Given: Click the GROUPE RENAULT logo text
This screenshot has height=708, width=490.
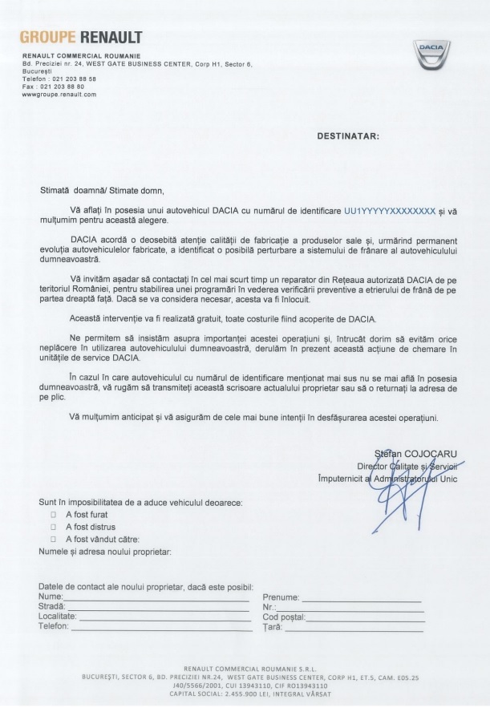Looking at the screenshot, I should (x=80, y=38).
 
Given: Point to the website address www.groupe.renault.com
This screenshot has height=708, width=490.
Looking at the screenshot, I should (x=59, y=94).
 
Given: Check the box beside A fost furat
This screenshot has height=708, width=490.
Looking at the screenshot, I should (x=54, y=514).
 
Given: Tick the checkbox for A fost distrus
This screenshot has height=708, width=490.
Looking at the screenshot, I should (x=54, y=527).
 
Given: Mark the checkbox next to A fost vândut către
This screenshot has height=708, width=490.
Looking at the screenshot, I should (x=54, y=540).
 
